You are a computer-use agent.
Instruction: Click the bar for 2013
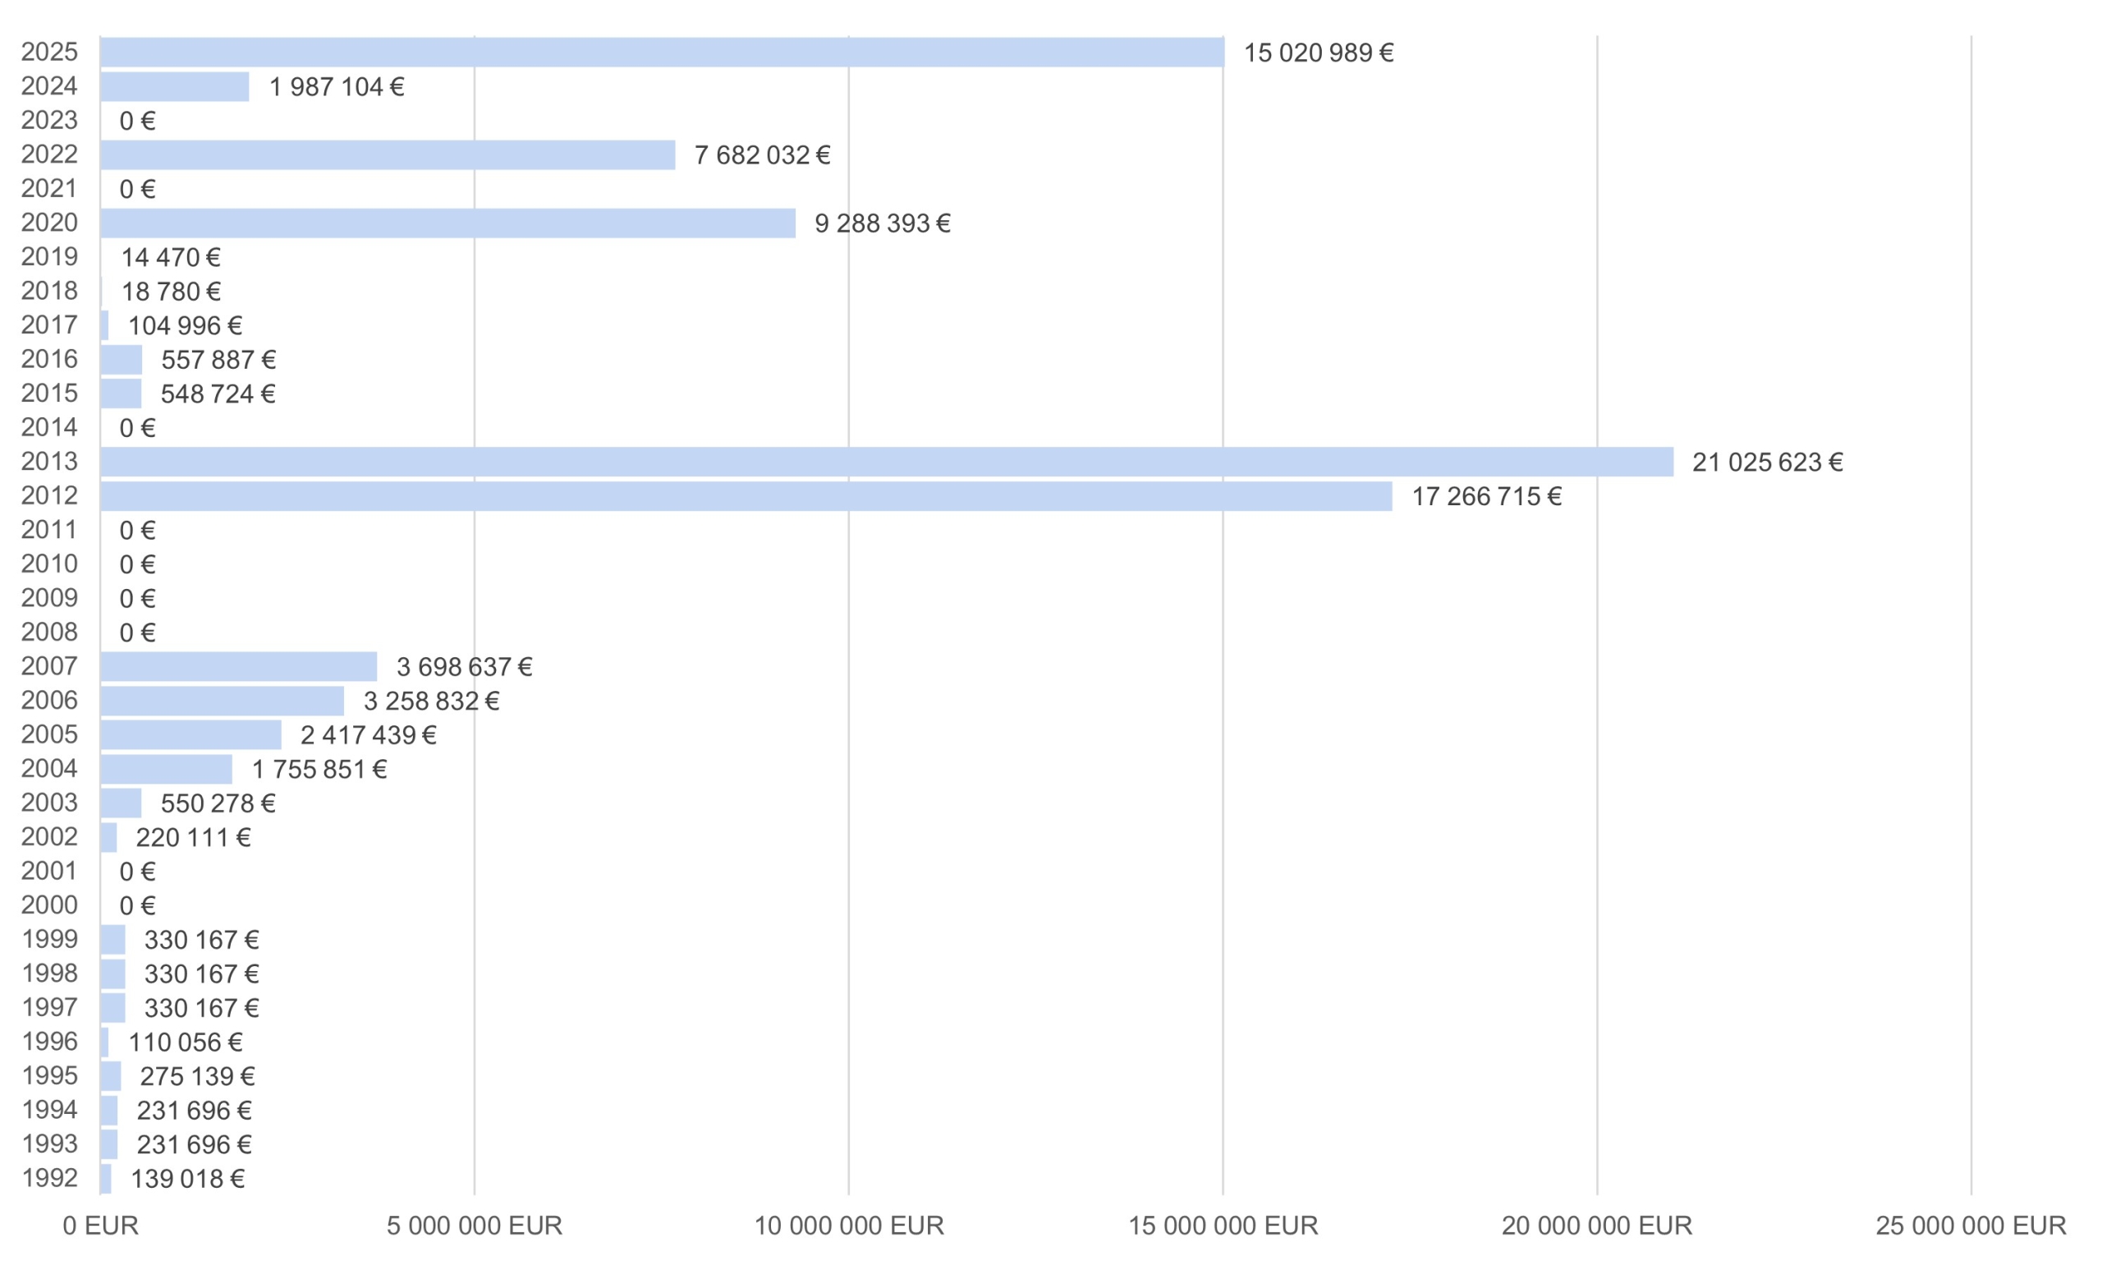pos(886,462)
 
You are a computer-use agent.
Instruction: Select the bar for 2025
pos(662,52)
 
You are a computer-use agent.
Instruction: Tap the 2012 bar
pos(746,496)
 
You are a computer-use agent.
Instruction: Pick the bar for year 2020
pos(447,223)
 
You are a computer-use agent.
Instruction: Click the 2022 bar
pos(388,154)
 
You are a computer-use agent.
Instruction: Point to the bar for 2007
pos(238,666)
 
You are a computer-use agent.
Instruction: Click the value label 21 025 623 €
pos(1766,463)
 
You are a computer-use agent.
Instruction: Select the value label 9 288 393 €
pos(882,223)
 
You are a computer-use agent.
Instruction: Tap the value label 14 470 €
pos(170,257)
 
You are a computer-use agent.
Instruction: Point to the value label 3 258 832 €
pos(430,701)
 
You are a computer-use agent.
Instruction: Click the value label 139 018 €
pos(187,1179)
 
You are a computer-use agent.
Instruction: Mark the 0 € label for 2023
pos(137,121)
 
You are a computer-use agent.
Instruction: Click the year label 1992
pos(49,1178)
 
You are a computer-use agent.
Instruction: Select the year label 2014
pos(49,426)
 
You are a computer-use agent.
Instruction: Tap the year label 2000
pos(49,905)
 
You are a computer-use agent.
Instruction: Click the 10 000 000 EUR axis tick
pos(848,1226)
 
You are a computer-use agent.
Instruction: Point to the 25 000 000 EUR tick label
pos(1971,1226)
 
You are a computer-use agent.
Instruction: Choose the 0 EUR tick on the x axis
pos(100,1226)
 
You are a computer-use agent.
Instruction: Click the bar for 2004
pos(166,769)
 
